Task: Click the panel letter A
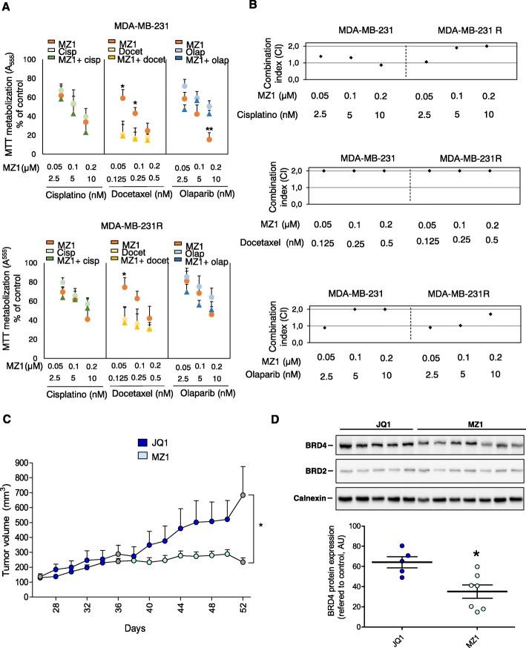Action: [x=7, y=6]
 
